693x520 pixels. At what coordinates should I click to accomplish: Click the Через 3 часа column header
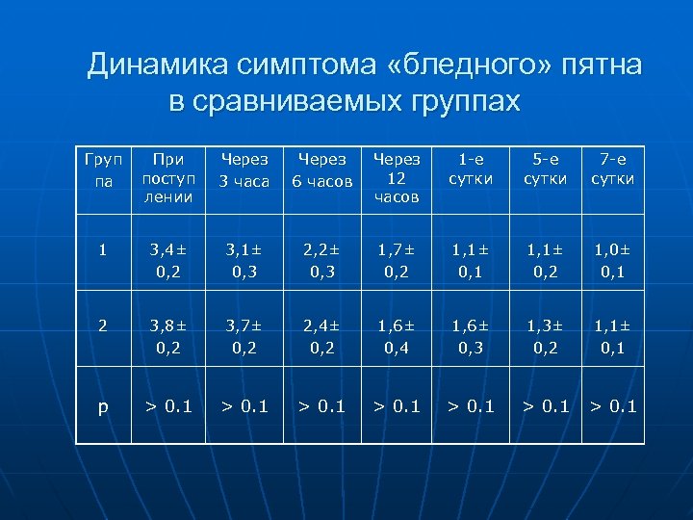click(x=244, y=169)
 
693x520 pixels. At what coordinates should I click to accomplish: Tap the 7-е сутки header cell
click(x=613, y=169)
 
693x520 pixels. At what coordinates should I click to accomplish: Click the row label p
click(x=103, y=406)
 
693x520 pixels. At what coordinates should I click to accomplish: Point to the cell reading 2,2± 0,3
click(x=321, y=261)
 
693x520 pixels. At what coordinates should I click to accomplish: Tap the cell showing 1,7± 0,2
click(x=397, y=261)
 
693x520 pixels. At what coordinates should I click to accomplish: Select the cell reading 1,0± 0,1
click(x=613, y=261)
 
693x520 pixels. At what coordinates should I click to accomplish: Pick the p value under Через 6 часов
click(x=321, y=406)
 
